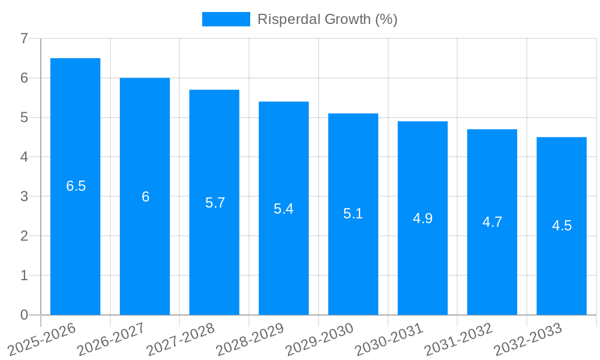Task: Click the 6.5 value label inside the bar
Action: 76,186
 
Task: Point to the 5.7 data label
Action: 215,203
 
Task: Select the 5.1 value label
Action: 353,214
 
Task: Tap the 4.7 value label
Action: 492,222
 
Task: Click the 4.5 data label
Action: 562,226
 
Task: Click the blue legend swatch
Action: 226,19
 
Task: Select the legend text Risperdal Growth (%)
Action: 327,19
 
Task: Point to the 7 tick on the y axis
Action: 24,38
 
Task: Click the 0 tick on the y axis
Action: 24,315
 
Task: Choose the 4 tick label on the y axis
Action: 24,157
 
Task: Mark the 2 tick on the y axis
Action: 24,236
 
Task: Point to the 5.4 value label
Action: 284,209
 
